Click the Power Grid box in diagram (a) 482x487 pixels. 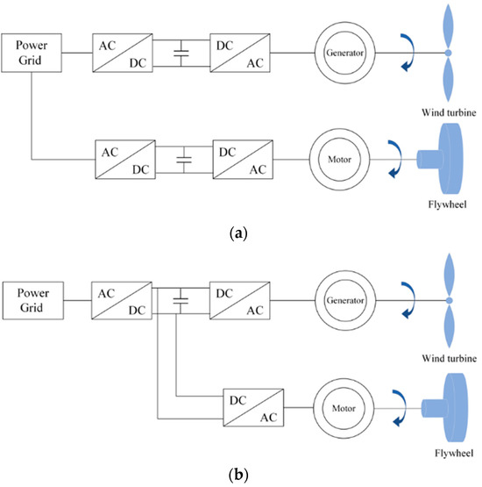(x=32, y=54)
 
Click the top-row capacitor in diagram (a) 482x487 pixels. (x=181, y=54)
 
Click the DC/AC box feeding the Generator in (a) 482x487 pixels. (x=238, y=54)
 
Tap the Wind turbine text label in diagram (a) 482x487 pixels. (x=446, y=111)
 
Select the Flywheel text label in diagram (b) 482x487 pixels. (x=449, y=456)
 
